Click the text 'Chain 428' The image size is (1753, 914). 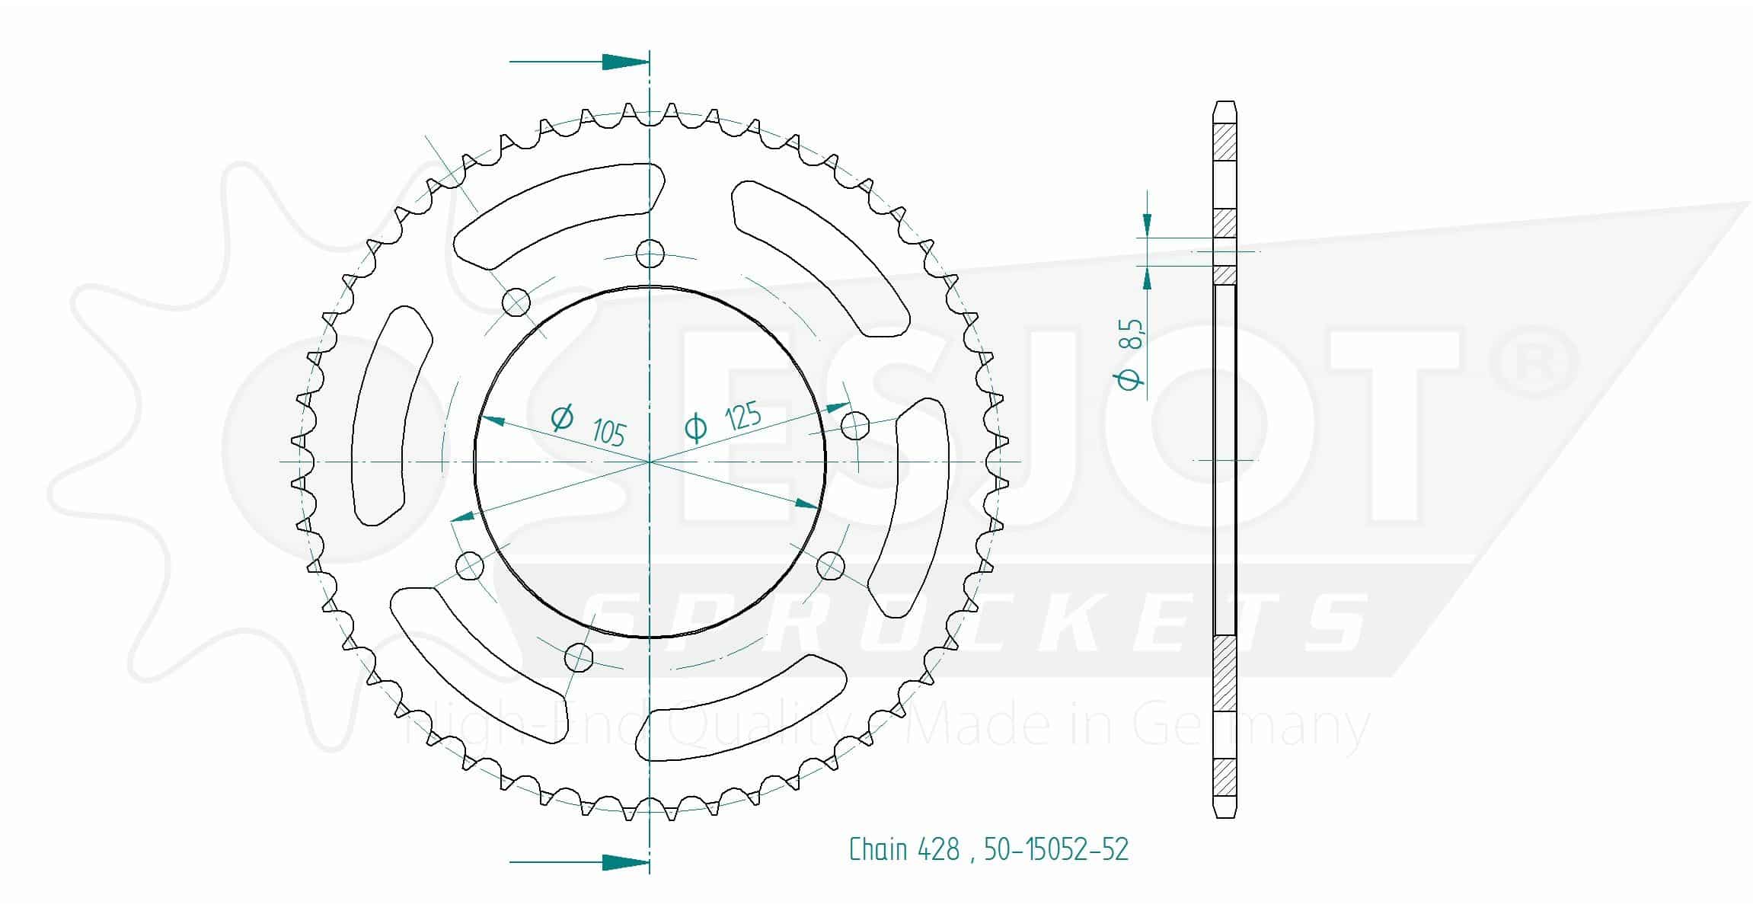tap(904, 849)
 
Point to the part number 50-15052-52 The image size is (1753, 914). tap(1056, 849)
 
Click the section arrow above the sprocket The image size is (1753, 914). tap(579, 62)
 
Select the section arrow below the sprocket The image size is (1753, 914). tap(579, 862)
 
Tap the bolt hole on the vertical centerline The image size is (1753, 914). tap(650, 254)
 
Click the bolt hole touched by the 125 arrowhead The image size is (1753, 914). tap(857, 425)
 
